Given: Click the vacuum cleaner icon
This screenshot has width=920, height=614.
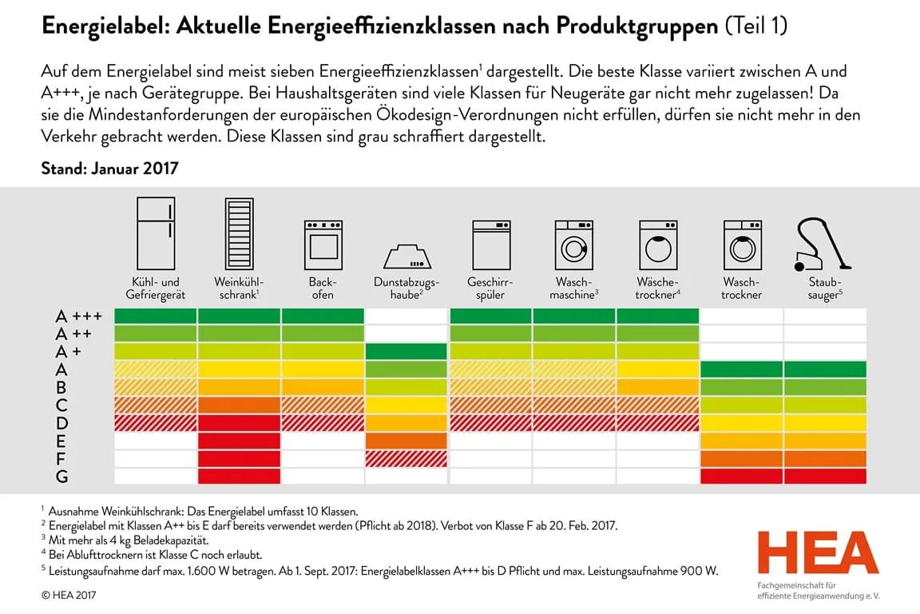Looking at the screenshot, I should [x=823, y=243].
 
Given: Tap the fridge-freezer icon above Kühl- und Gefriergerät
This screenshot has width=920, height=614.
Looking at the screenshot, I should [x=155, y=233].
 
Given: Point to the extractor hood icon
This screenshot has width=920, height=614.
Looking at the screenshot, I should [x=406, y=255].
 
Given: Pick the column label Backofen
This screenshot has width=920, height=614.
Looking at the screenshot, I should [x=322, y=289].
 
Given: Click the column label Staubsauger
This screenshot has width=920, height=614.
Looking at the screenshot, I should [x=825, y=289].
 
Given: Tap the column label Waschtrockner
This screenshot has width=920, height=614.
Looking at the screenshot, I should [x=742, y=289].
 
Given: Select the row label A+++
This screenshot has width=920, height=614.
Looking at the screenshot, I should [x=79, y=317].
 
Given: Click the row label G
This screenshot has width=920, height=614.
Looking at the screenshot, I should [x=61, y=476].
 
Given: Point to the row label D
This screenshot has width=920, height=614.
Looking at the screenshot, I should [x=61, y=423].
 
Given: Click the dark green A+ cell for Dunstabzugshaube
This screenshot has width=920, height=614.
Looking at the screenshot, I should [x=406, y=352].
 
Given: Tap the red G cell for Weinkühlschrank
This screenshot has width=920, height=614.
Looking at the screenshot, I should [x=239, y=476].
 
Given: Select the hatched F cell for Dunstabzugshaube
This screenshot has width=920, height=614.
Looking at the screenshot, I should [x=406, y=458].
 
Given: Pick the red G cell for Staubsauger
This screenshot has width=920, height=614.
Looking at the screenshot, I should [x=825, y=476].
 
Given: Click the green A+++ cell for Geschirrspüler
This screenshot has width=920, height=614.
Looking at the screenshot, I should [x=490, y=317].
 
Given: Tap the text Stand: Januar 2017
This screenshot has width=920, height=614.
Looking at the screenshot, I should [x=109, y=169].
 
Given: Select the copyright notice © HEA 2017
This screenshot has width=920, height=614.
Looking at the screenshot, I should [x=70, y=595].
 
